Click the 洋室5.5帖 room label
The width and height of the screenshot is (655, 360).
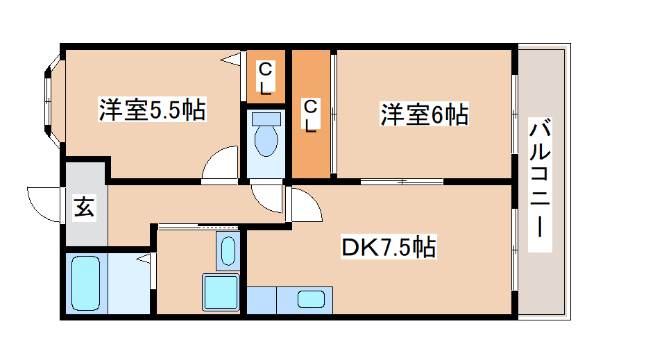tap(151, 109)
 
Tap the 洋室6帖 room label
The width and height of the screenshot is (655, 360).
tap(423, 114)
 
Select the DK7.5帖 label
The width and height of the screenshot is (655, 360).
tap(389, 246)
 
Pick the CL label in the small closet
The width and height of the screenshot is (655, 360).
tap(266, 77)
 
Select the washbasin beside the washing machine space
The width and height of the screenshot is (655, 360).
tap(228, 250)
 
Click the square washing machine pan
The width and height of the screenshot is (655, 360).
tap(221, 292)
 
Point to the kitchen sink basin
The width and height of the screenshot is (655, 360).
tap(311, 300)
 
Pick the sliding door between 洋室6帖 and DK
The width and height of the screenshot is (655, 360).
tap(402, 182)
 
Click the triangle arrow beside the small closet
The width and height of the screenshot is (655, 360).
tap(231, 60)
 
